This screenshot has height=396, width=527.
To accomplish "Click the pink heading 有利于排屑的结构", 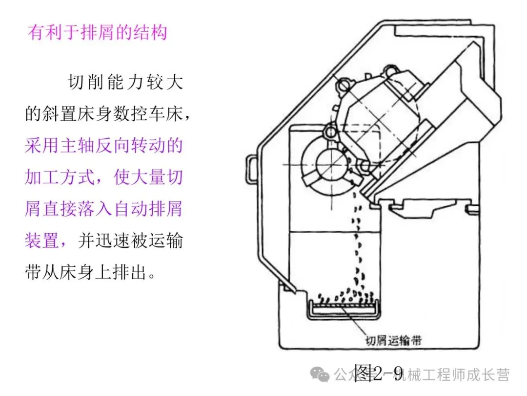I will tap(97, 32).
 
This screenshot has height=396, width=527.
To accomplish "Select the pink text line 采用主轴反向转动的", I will tap(103, 146).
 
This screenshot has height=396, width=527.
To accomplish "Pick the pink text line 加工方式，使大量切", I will tap(103, 177).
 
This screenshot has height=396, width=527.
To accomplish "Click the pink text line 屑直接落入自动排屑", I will tap(103, 209).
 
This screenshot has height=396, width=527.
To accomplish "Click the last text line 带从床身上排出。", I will tap(91, 272).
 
